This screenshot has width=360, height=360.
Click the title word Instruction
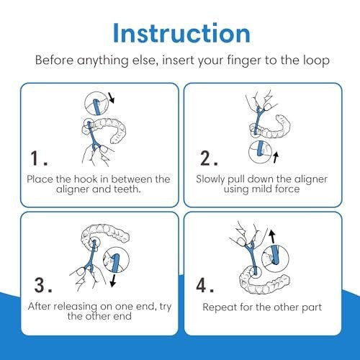[x=181, y=33]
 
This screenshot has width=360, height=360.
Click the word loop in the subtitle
[x=316, y=60]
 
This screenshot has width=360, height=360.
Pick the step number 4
[x=204, y=285]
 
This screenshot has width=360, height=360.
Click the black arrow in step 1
[x=111, y=98]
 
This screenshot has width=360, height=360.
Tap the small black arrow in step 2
[x=276, y=157]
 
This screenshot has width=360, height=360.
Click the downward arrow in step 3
[x=113, y=281]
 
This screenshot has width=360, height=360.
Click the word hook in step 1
[x=86, y=179]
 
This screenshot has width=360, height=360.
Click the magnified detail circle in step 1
[x=96, y=104]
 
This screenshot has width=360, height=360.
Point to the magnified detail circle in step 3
[x=116, y=260]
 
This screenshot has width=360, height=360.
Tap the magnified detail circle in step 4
[x=275, y=257]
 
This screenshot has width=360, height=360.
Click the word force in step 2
[x=287, y=189]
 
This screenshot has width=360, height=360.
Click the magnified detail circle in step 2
[x=260, y=152]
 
